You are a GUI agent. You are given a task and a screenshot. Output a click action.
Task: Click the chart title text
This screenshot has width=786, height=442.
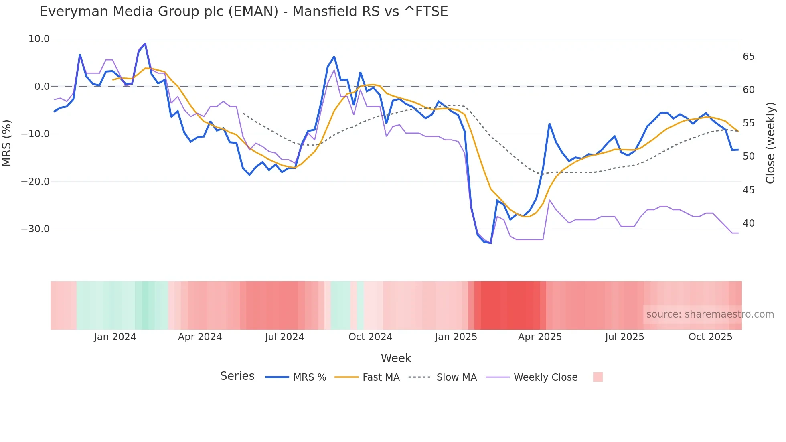[x=243, y=12]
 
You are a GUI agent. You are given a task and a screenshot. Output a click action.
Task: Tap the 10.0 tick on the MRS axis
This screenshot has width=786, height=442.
[x=39, y=39]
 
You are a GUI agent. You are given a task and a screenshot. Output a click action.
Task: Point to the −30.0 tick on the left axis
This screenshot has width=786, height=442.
[x=35, y=229]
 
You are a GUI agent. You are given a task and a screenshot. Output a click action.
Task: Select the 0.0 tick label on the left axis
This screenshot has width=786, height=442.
[x=42, y=87]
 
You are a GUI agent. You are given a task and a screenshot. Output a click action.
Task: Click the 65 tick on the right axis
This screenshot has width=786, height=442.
[x=748, y=57]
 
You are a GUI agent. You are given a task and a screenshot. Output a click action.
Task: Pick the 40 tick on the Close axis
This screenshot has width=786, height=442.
[x=748, y=223]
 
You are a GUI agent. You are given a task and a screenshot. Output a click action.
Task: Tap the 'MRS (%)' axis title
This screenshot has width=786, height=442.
[x=7, y=143]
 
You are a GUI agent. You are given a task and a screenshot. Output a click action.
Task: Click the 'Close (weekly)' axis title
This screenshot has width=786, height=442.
[x=770, y=143]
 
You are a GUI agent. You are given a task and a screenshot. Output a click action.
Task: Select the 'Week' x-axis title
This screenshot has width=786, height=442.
[x=396, y=358]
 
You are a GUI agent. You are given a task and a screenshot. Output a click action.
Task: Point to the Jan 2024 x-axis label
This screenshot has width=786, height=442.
[x=115, y=337]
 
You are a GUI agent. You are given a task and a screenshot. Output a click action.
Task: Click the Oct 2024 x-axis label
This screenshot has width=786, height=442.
[x=370, y=337]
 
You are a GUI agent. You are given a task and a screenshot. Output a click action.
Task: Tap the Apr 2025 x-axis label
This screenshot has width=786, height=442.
[x=540, y=337]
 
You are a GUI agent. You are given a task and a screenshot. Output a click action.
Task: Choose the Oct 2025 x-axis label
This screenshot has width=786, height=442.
[x=710, y=337]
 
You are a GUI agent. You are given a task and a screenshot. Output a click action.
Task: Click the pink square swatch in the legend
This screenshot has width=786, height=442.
[x=598, y=377]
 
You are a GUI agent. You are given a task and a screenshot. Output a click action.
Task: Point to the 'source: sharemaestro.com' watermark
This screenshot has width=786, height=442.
[x=710, y=314]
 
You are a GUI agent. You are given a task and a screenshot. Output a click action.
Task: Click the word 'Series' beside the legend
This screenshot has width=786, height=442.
[x=237, y=376]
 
